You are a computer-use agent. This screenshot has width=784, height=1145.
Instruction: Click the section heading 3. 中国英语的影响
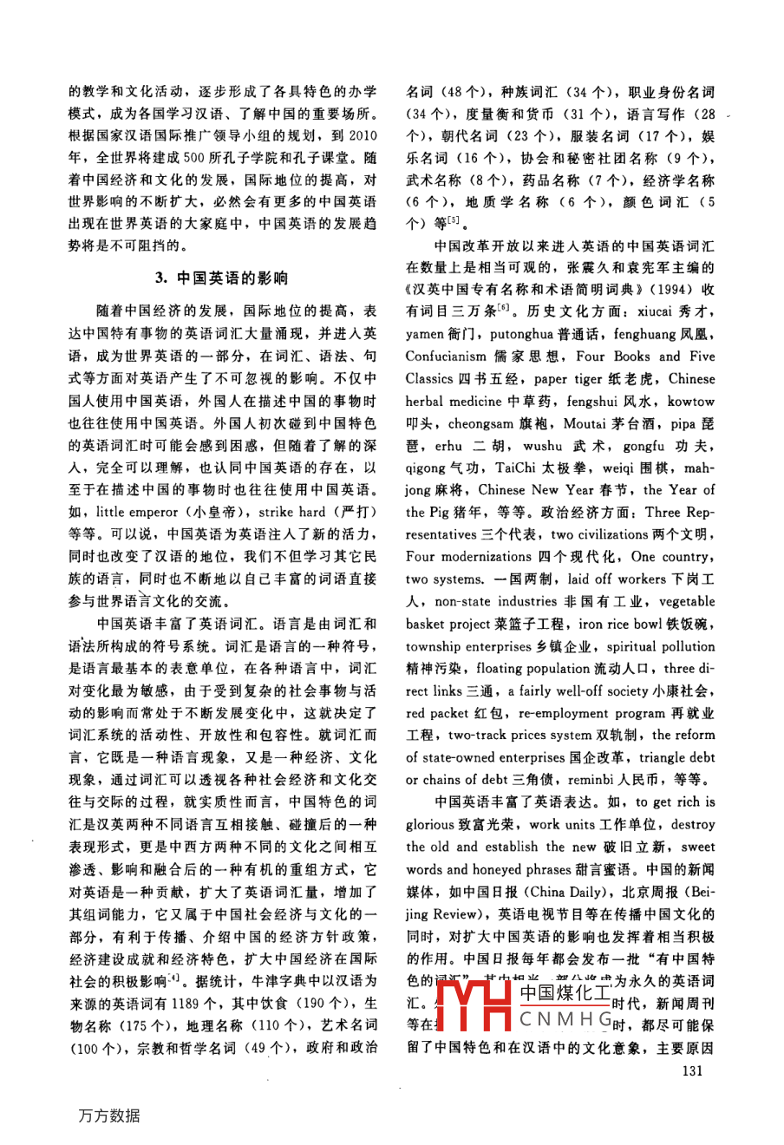pyautogui.click(x=221, y=278)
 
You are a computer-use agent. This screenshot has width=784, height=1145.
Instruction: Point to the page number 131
pyautogui.click(x=692, y=1070)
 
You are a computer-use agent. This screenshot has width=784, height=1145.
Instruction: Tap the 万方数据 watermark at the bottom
pyautogui.click(x=109, y=1116)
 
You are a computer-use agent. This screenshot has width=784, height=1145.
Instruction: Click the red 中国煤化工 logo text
pyautogui.click(x=565, y=992)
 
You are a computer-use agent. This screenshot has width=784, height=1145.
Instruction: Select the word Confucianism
pyautogui.click(x=446, y=357)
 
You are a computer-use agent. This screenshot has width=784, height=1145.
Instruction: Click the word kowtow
pyautogui.click(x=692, y=402)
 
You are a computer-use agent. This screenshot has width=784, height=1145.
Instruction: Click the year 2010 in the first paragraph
pyautogui.click(x=363, y=135)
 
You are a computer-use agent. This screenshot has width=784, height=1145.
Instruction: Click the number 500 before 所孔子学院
pyautogui.click(x=193, y=158)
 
